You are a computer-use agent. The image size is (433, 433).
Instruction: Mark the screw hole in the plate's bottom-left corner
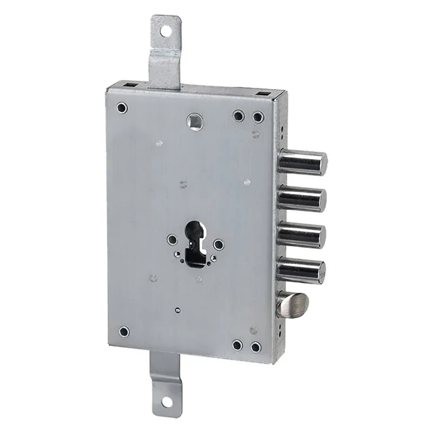(124, 330)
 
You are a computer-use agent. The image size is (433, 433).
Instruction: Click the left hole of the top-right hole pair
(238, 115)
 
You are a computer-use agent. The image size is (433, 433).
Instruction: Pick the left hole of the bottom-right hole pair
(237, 344)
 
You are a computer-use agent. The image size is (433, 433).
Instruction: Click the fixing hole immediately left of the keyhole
(172, 238)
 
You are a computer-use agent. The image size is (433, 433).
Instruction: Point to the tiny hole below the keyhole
(178, 310)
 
